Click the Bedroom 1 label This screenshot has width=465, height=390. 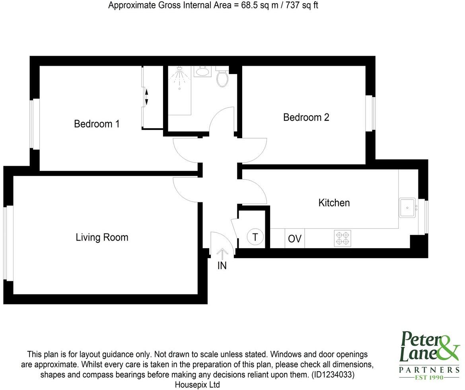(x=97, y=124)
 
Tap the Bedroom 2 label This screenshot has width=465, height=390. (x=306, y=118)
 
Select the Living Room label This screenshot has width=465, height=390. (x=102, y=237)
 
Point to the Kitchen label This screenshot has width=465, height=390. (x=334, y=203)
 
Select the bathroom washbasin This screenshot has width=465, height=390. (x=202, y=72)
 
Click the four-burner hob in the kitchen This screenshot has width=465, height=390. (x=342, y=238)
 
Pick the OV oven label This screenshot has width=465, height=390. (x=295, y=239)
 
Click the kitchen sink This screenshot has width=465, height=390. (x=407, y=207)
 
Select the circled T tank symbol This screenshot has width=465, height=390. (x=255, y=237)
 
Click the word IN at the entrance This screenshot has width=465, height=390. (x=222, y=266)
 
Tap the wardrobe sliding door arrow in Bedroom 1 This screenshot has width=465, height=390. (x=146, y=97)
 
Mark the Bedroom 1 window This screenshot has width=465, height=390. (x=35, y=124)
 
